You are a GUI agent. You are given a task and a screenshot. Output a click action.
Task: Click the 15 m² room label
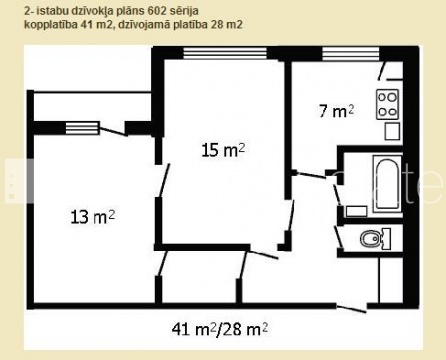223,150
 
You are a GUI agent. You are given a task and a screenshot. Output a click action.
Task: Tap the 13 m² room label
93,217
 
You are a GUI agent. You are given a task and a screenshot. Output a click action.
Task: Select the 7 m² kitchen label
336,111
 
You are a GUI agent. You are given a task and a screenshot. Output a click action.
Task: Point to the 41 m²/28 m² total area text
220,330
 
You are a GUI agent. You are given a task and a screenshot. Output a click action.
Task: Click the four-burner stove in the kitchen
388,104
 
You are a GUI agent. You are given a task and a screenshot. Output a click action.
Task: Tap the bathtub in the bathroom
387,184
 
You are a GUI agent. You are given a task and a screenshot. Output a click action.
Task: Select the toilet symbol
375,238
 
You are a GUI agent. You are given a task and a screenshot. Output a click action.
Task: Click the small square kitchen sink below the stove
392,131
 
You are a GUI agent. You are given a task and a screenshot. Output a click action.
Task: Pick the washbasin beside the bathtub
356,211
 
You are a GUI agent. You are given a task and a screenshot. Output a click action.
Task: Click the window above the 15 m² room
225,53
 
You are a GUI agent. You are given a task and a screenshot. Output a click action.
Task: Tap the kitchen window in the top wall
351,53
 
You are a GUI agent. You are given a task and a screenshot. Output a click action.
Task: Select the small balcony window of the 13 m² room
82,128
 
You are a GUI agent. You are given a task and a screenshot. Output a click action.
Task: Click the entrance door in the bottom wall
352,308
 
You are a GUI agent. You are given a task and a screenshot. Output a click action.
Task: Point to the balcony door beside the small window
113,130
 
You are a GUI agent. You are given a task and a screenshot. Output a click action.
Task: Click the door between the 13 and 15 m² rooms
163,180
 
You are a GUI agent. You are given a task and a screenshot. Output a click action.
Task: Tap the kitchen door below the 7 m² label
311,175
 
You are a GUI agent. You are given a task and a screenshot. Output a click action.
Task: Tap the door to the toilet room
338,237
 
